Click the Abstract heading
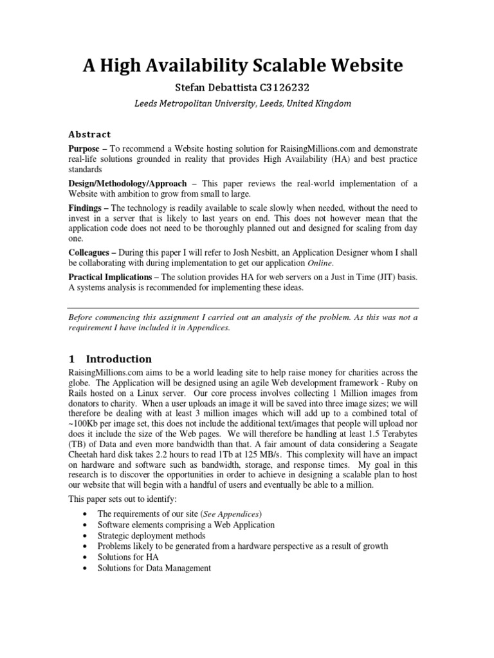89,134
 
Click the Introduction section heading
119,359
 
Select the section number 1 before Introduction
72,359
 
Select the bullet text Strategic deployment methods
151,535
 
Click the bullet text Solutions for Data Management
154,568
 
